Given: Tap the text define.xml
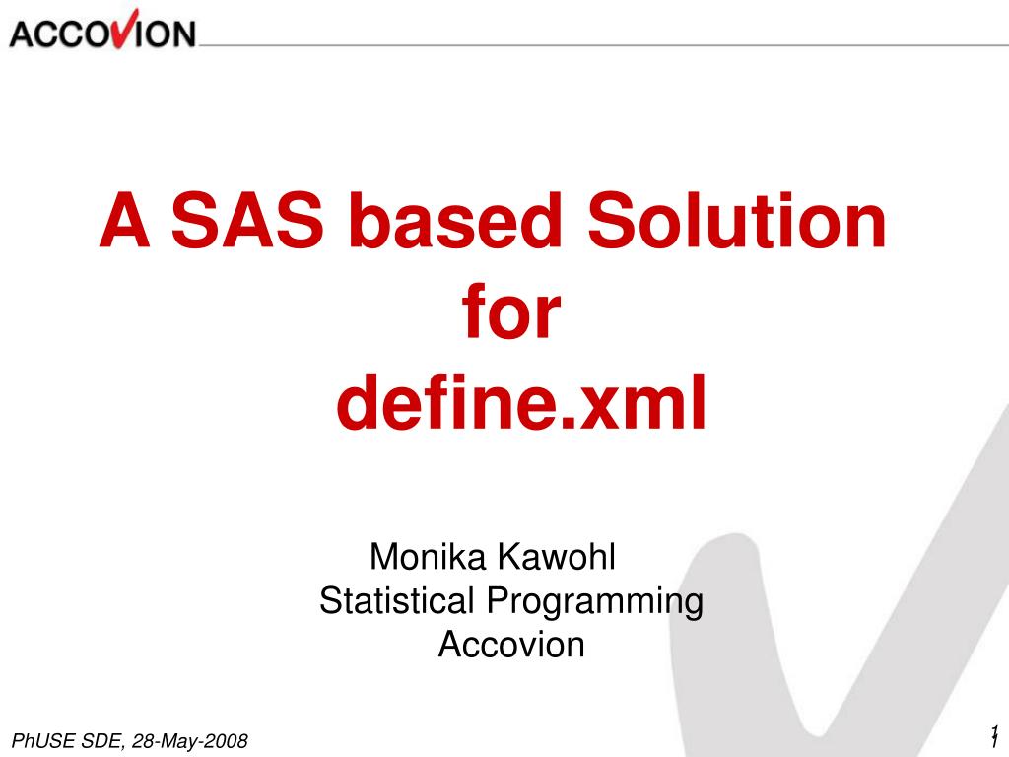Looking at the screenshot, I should point(521,405).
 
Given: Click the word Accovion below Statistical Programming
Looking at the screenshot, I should point(511,645).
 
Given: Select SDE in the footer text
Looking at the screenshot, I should point(99,741).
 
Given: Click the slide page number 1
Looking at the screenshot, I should point(994,734).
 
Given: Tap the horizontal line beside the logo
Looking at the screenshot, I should point(591,44).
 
